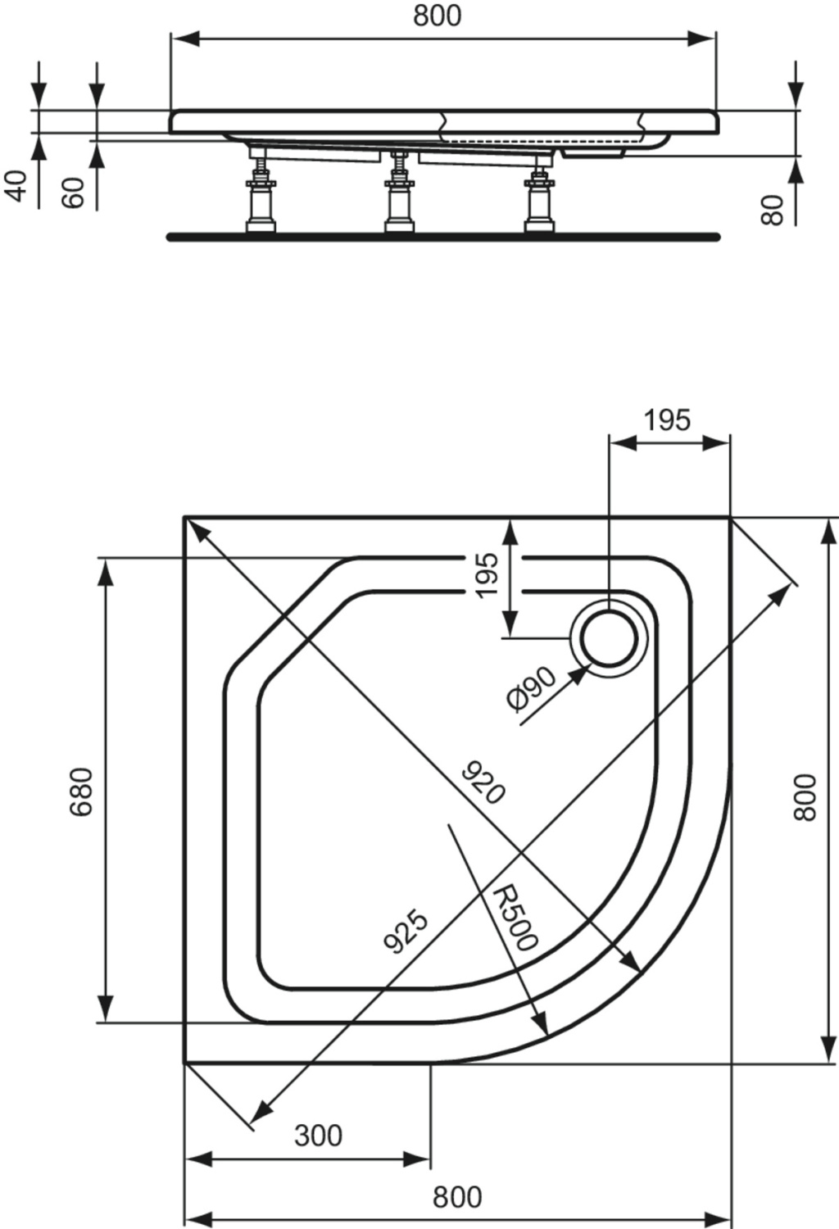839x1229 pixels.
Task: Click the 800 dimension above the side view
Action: pyautogui.click(x=438, y=16)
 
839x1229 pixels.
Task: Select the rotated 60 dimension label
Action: pyautogui.click(x=74, y=192)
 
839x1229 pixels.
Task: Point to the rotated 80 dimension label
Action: pyautogui.click(x=772, y=210)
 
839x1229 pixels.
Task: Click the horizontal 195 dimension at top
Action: pyautogui.click(x=667, y=421)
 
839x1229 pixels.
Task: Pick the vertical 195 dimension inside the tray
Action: pyautogui.click(x=487, y=575)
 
